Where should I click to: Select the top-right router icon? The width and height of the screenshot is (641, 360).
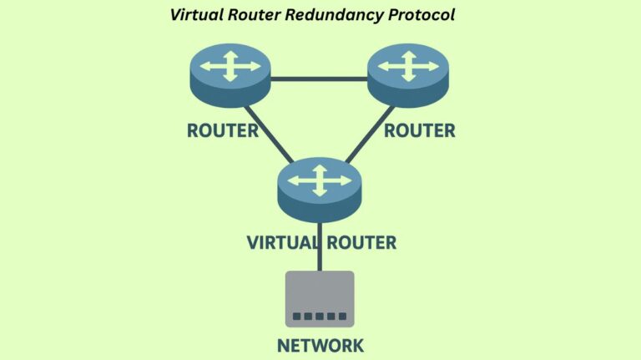(409, 69)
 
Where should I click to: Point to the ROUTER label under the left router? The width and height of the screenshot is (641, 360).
(223, 131)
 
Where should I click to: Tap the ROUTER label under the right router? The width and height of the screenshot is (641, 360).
(419, 131)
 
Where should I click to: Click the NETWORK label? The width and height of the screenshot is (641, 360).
(320, 345)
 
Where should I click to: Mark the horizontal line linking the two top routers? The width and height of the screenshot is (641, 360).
(320, 80)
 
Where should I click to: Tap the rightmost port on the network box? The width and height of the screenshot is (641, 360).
(342, 318)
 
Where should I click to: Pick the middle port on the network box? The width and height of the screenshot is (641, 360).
(319, 318)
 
